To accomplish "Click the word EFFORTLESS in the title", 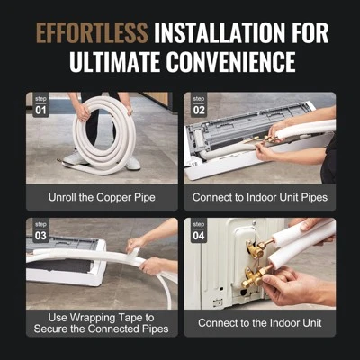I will click(92, 33).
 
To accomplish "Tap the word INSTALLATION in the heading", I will click(229, 33).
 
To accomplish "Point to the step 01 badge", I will click(40, 107).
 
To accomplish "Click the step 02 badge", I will click(199, 107).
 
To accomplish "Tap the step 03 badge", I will click(40, 230).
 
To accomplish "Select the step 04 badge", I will click(199, 230).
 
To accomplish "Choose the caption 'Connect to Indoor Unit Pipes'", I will click(259, 195).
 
